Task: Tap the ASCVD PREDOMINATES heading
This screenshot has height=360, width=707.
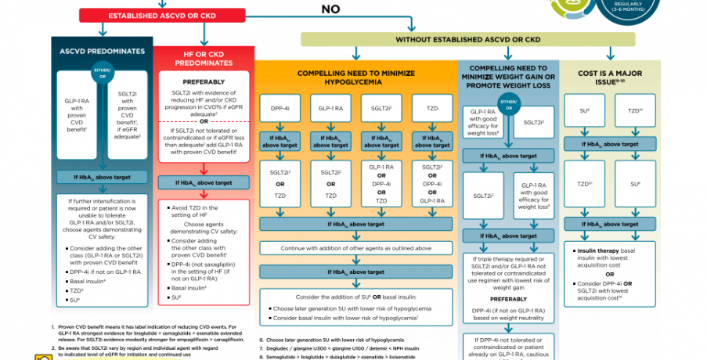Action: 103,51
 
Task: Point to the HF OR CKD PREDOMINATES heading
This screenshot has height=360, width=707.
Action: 204,60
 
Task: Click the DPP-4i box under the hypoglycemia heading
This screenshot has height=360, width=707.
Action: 281,108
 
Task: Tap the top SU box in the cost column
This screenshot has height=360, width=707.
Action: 584,110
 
